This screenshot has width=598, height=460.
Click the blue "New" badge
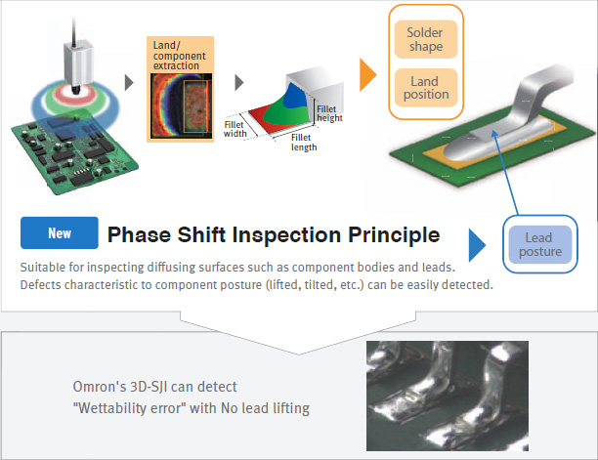click(60, 232)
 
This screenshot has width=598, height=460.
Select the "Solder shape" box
click(426, 39)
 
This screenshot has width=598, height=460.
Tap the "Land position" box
click(426, 88)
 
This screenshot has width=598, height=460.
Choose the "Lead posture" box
click(540, 244)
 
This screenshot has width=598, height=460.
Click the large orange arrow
click(367, 74)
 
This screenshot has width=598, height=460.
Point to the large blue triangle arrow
click(477, 245)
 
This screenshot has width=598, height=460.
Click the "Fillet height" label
click(329, 113)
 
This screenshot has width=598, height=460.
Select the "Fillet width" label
click(235, 129)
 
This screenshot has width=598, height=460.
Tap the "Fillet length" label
click(304, 143)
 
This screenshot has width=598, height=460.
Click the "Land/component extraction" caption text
click(179, 56)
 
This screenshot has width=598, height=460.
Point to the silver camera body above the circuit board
click(78, 64)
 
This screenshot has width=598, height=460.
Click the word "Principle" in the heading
click(394, 234)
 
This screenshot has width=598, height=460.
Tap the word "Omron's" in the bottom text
click(99, 387)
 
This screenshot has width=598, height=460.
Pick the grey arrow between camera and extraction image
click(129, 82)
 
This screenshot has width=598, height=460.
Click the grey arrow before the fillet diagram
click(239, 82)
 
